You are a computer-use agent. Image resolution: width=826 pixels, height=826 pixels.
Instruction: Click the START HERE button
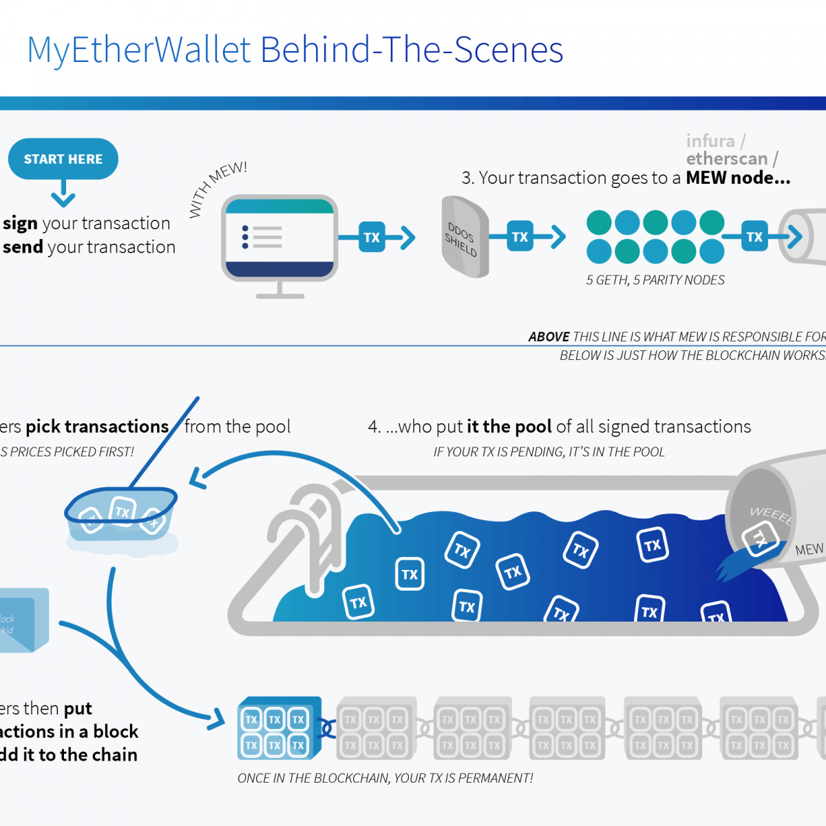tap(63, 159)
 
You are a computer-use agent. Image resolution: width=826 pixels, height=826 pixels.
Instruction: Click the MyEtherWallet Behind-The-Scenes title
tap(295, 50)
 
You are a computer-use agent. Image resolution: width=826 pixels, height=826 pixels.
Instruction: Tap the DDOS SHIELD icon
tap(465, 237)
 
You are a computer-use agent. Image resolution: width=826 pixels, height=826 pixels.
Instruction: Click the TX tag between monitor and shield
tap(372, 237)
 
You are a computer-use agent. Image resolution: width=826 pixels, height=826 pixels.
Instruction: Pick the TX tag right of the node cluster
tap(754, 237)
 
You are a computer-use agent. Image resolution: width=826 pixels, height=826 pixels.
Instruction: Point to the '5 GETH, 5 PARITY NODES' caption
tap(655, 280)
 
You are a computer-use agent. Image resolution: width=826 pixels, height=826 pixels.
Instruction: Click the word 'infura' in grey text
tap(710, 141)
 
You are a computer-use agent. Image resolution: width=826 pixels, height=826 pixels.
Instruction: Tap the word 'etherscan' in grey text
tap(726, 159)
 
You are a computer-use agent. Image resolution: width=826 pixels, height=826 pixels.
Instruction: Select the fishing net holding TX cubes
tap(121, 513)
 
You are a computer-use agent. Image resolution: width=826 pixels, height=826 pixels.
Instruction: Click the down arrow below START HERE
tap(63, 193)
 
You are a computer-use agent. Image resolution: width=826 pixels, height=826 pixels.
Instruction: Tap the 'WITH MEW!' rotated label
tap(217, 189)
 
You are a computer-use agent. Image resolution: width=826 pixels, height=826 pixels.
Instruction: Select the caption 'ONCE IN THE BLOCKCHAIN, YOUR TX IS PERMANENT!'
tap(385, 779)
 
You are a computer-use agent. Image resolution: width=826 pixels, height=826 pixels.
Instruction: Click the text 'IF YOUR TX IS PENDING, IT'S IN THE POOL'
tap(549, 452)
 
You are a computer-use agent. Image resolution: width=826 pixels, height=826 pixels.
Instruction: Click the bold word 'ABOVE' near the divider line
tap(549, 337)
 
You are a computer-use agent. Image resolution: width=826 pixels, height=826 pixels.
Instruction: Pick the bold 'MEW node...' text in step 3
tap(738, 178)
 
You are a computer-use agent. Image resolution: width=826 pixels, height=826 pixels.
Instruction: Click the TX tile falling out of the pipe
tap(759, 539)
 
